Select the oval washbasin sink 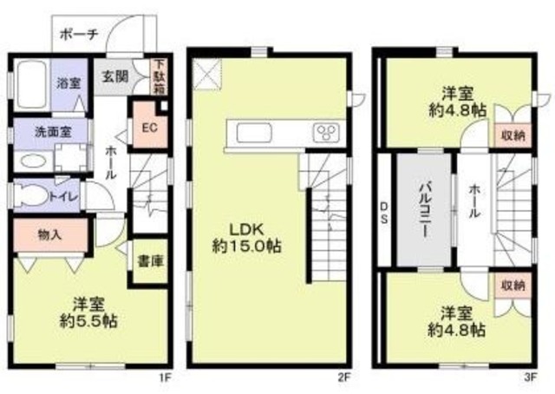point(32,161)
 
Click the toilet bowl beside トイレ point(32,196)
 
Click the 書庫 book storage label point(147,259)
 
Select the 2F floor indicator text point(344,378)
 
